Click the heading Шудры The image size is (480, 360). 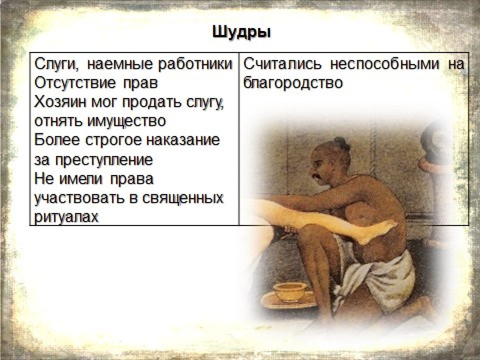(241, 32)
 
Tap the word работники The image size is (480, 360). (195, 64)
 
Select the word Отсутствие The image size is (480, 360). (75, 83)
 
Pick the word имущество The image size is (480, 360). (126, 121)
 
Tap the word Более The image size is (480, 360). (57, 140)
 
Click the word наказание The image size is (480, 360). (183, 140)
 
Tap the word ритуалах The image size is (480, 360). (66, 217)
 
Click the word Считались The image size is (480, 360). (282, 64)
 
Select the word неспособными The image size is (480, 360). (385, 65)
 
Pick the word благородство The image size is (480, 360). (293, 83)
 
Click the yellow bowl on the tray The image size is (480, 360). (290, 291)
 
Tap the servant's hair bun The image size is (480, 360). (342, 143)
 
